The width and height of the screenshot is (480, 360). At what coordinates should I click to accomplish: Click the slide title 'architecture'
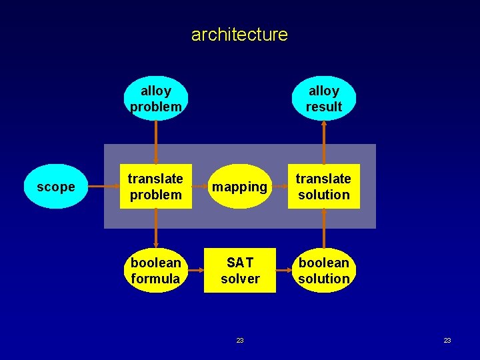(239, 34)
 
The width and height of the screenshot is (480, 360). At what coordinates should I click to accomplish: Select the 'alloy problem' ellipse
(155, 99)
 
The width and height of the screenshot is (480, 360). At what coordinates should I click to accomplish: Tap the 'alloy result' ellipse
(324, 99)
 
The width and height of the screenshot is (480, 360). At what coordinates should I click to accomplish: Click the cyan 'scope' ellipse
(56, 187)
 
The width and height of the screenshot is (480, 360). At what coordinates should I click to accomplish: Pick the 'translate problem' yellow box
(155, 187)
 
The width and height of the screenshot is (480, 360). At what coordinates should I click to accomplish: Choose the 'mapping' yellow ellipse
(240, 187)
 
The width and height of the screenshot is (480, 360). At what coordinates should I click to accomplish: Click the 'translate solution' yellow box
(324, 187)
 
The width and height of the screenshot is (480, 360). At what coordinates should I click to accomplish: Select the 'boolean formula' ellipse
(155, 271)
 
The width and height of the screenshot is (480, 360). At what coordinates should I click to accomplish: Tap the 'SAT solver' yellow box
(240, 271)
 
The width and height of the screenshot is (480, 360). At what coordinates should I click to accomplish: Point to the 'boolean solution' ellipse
(324, 271)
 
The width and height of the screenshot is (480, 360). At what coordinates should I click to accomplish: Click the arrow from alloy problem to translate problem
(155, 142)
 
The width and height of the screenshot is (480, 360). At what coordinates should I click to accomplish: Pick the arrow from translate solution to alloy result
(324, 142)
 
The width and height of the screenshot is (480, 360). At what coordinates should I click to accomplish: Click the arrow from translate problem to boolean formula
(155, 229)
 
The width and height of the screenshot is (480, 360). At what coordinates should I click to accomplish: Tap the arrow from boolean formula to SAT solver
(196, 271)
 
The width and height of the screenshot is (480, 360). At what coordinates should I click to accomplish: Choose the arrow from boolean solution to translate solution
(324, 229)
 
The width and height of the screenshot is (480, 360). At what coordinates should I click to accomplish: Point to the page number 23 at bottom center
(240, 341)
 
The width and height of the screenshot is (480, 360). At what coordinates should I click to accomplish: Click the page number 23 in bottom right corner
(447, 341)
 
